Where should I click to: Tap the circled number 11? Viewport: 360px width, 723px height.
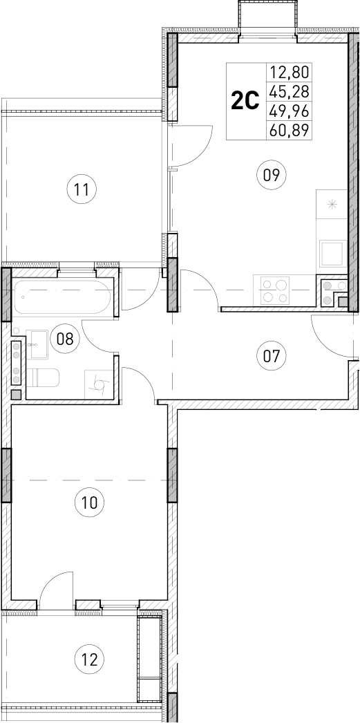click(x=82, y=189)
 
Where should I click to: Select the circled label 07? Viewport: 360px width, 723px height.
click(x=271, y=357)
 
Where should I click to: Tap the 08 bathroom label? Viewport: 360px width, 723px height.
click(x=65, y=339)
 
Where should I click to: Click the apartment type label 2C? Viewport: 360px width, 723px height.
click(x=245, y=102)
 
